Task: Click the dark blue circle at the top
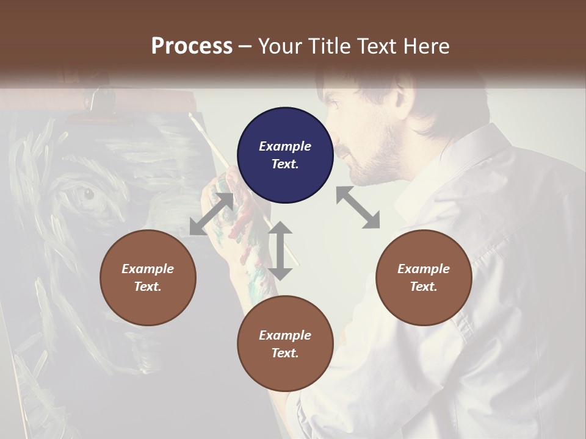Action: pos(285,155)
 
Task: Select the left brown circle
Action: pos(148,277)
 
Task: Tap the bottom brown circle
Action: pos(285,343)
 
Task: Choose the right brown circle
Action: pos(424,277)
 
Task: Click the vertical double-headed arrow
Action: pos(280,251)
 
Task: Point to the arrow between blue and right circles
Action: pos(358,207)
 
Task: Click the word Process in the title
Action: pos(192,46)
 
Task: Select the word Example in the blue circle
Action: pos(285,146)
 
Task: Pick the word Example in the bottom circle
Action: pos(285,335)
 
